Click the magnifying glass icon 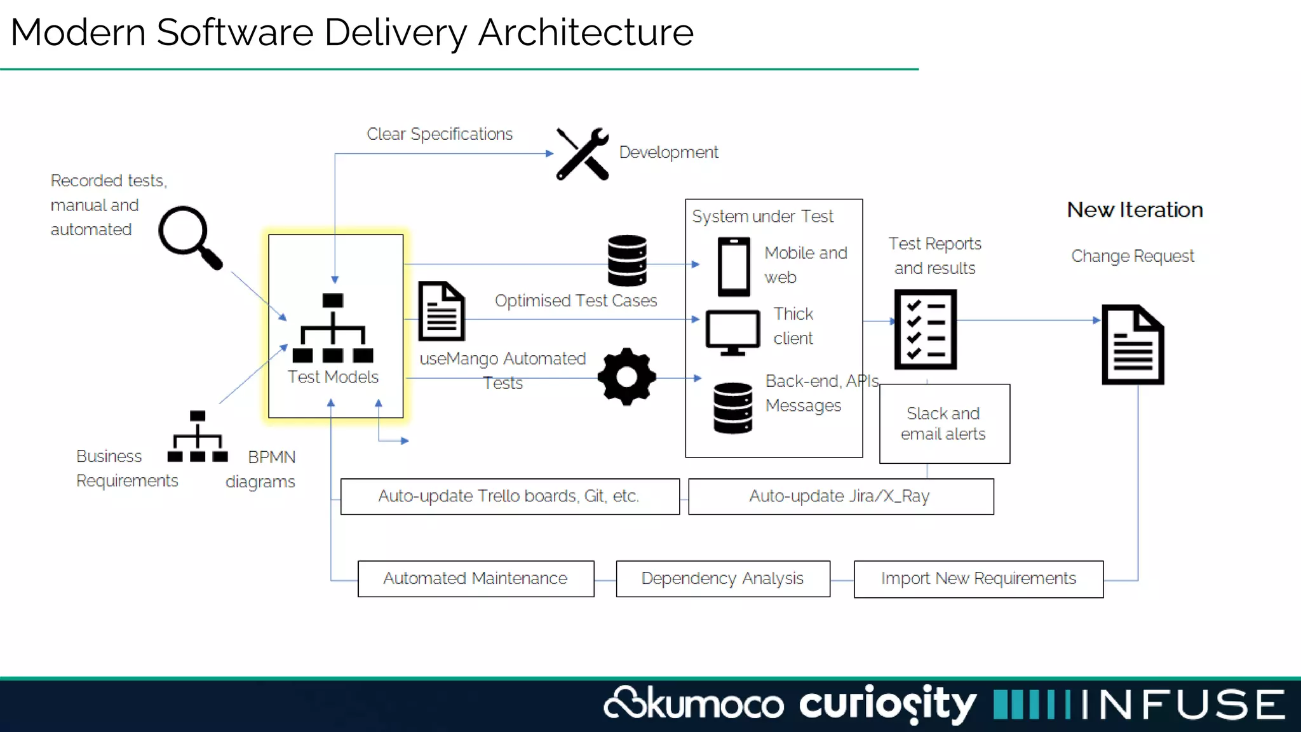pos(188,236)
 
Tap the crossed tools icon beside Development pos(583,154)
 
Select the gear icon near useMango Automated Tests pos(626,377)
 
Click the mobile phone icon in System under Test pos(734,267)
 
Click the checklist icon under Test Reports pos(925,329)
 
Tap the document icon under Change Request pos(1133,344)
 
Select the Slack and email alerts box pos(944,424)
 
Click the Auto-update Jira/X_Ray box pos(840,496)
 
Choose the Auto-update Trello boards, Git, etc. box pos(509,496)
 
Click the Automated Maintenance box pos(475,578)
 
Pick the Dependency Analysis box pos(722,578)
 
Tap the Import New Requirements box pos(978,579)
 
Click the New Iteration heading pos(1135,210)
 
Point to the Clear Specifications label pos(440,134)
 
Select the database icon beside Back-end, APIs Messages pos(732,408)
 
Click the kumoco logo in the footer pos(694,704)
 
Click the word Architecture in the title pos(585,32)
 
